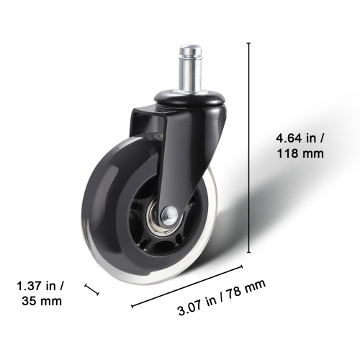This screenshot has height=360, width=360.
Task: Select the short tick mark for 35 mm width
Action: pyautogui.click(x=91, y=289)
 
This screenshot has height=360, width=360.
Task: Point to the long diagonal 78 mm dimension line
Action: pyautogui.click(x=187, y=288)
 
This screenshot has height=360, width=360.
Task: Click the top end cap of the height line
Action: pyautogui.click(x=248, y=43)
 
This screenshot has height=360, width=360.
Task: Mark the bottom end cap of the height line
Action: pyautogui.click(x=248, y=252)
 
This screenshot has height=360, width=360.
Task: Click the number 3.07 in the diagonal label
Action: pyautogui.click(x=189, y=310)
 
